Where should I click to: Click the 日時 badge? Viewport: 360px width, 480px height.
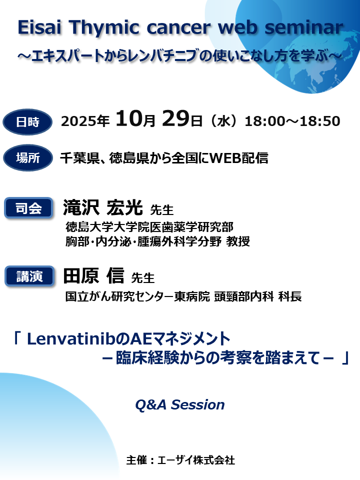(x=27, y=121)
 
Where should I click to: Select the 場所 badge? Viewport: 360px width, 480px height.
(x=27, y=158)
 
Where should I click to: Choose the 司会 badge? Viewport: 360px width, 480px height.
(x=28, y=207)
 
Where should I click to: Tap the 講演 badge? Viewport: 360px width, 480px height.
(x=28, y=276)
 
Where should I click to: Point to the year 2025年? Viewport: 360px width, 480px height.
(x=85, y=121)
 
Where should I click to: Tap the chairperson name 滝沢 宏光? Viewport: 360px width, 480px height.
(x=102, y=207)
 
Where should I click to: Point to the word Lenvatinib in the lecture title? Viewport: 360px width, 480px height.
(x=64, y=339)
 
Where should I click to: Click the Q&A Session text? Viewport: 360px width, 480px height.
(x=179, y=404)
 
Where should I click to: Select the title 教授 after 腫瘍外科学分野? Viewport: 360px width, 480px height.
(x=238, y=241)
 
